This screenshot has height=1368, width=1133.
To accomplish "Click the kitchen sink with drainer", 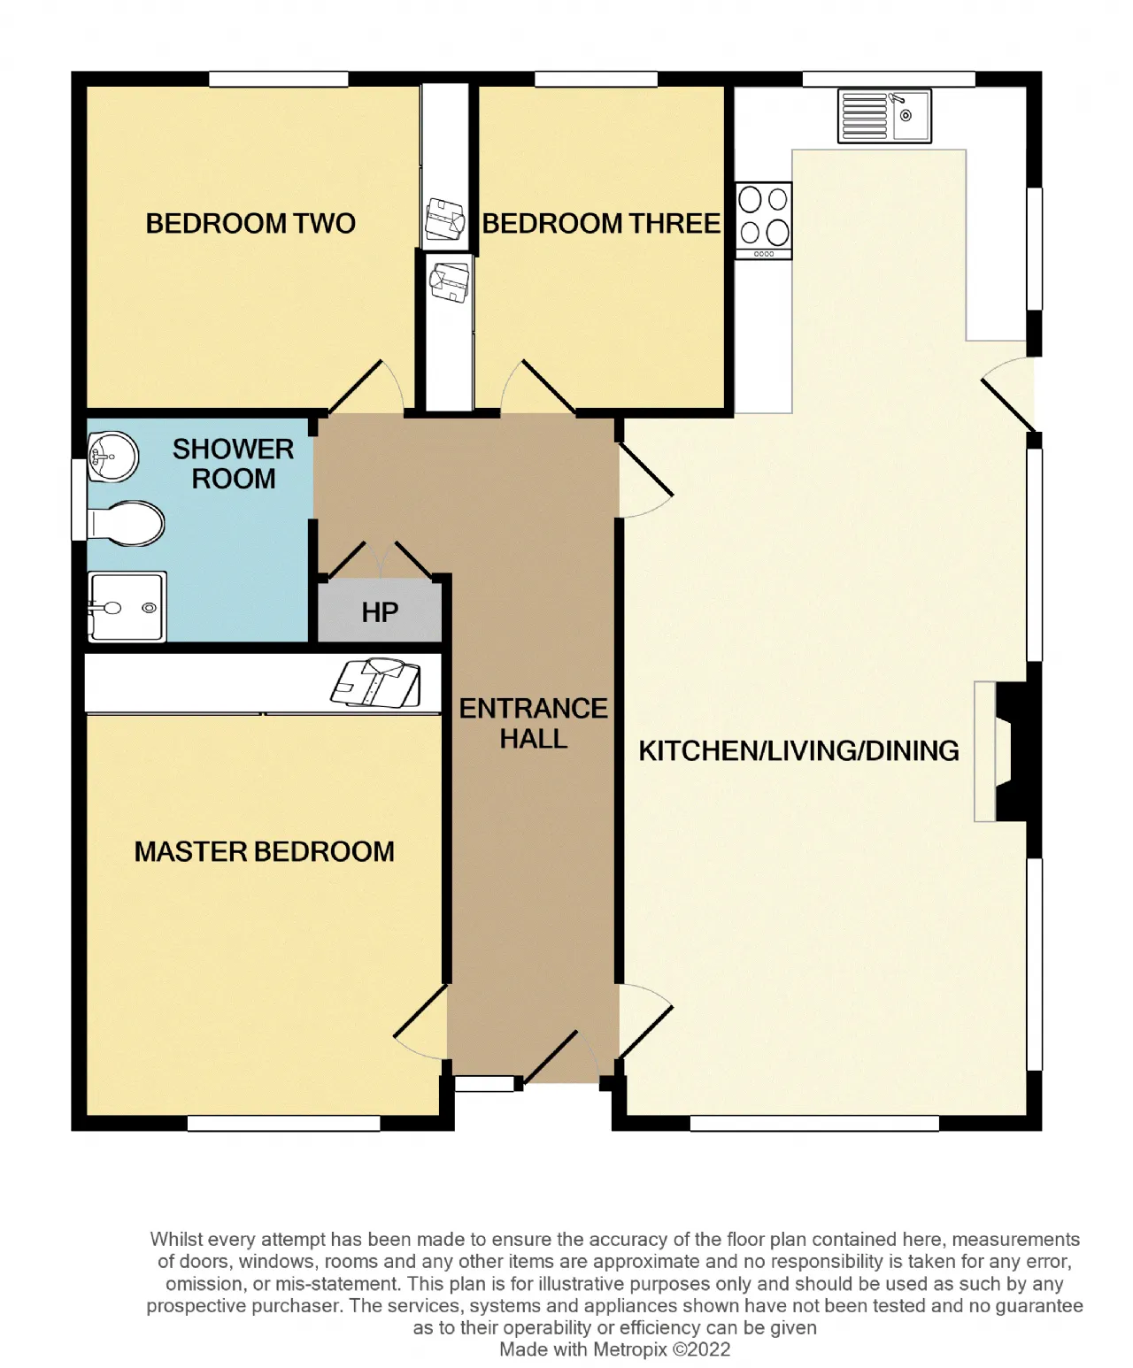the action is (884, 117).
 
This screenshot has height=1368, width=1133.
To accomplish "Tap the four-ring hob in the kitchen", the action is (763, 221).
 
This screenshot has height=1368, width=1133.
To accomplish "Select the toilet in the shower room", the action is (126, 524).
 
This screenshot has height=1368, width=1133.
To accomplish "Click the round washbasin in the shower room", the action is (112, 457).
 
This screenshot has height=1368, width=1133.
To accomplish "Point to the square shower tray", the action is (127, 607).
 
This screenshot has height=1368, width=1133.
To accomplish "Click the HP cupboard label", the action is (380, 612).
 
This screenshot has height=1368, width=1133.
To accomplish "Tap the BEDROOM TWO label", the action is (250, 224).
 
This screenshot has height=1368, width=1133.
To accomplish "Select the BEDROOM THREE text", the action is (601, 224).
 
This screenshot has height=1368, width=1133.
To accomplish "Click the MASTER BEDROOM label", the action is (264, 852).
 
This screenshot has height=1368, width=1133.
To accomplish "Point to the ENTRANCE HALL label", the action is (534, 724).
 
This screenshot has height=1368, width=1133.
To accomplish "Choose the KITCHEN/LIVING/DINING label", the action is (798, 751).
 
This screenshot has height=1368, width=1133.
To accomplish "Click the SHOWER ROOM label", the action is (234, 464).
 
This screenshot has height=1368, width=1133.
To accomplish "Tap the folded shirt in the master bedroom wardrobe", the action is (376, 683).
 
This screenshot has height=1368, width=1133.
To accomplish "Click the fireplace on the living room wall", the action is (1006, 751).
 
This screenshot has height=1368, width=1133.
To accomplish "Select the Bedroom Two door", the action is (365, 388).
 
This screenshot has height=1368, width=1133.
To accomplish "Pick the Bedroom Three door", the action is (538, 388).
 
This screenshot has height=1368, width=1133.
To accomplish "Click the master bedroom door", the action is (420, 1022).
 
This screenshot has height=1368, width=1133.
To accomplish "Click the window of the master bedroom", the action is (284, 1123).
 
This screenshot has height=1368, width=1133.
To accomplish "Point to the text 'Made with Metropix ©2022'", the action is (614, 1349).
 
